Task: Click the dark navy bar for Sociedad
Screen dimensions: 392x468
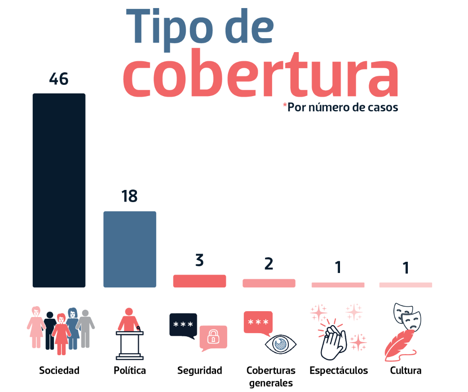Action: tap(59, 190)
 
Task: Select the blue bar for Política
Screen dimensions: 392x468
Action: tap(130, 249)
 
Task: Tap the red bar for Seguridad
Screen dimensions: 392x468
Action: tap(199, 281)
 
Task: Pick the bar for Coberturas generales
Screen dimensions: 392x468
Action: tap(269, 283)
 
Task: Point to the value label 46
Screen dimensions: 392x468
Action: tap(59, 79)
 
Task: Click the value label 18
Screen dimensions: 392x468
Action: tap(129, 197)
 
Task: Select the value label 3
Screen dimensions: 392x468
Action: tap(199, 260)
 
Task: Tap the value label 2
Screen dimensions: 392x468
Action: tap(269, 264)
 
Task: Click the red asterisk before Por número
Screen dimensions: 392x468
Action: tap(284, 106)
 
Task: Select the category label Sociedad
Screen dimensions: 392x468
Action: tap(59, 370)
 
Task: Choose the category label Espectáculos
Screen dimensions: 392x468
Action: tap(339, 370)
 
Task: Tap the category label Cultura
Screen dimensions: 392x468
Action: tap(406, 370)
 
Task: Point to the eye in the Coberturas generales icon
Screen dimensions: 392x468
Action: tap(281, 344)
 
